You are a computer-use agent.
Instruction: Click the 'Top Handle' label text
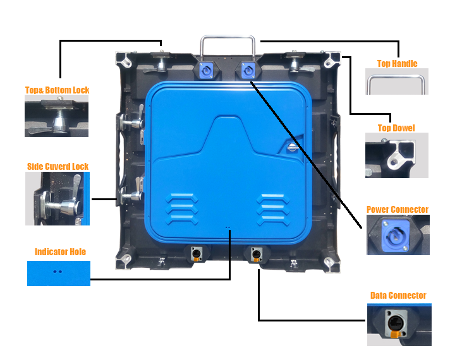[398, 63]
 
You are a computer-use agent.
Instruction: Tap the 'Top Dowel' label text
[396, 128]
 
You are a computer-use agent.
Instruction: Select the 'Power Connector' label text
[398, 209]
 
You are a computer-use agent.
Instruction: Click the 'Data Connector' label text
[398, 295]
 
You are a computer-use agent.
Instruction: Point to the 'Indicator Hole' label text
[60, 251]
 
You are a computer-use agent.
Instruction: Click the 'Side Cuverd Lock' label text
[58, 166]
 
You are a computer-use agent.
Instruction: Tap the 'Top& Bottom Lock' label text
[57, 90]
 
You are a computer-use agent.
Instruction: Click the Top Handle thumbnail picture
[397, 81]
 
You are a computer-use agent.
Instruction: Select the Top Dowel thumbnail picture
[397, 155]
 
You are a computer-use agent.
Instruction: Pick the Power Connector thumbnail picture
[398, 235]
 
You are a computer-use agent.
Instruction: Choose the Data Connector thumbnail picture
[399, 325]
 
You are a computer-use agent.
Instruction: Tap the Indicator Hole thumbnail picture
[59, 273]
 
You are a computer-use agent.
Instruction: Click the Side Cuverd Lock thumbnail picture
[58, 198]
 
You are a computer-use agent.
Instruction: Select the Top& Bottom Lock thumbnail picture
[56, 116]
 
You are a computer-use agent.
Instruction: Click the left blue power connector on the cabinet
[206, 70]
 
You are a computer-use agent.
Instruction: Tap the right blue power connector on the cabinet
[248, 70]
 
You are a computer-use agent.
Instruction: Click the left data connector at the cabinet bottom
[196, 254]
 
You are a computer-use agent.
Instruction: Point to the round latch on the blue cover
[292, 148]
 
